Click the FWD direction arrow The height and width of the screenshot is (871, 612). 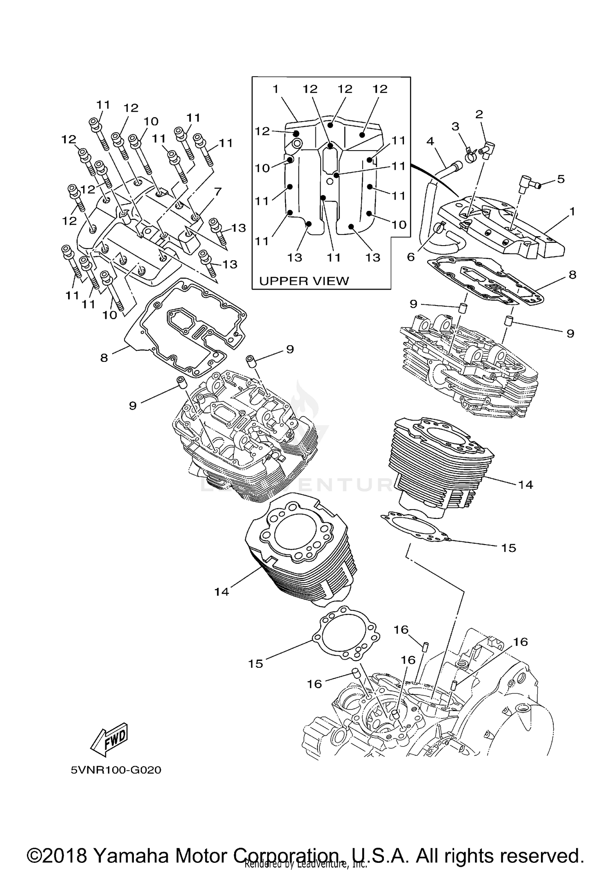pyautogui.click(x=109, y=740)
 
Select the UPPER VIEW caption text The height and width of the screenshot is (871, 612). pyautogui.click(x=304, y=281)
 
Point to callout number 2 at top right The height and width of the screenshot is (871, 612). pyautogui.click(x=479, y=114)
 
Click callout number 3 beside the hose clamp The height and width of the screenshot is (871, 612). pyautogui.click(x=455, y=126)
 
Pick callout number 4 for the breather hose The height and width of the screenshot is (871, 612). pyautogui.click(x=430, y=142)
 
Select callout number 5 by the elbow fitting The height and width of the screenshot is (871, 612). pyautogui.click(x=561, y=179)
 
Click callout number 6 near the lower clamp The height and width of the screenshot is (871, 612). pyautogui.click(x=410, y=257)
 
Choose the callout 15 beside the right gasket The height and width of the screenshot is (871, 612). pyautogui.click(x=509, y=548)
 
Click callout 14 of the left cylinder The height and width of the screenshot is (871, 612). pyautogui.click(x=222, y=592)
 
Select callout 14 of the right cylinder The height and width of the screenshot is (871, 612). pyautogui.click(x=526, y=485)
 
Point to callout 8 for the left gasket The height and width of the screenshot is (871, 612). pyautogui.click(x=104, y=358)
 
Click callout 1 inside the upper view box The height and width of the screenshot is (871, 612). pyautogui.click(x=276, y=89)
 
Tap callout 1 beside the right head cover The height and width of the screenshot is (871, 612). pyautogui.click(x=572, y=211)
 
